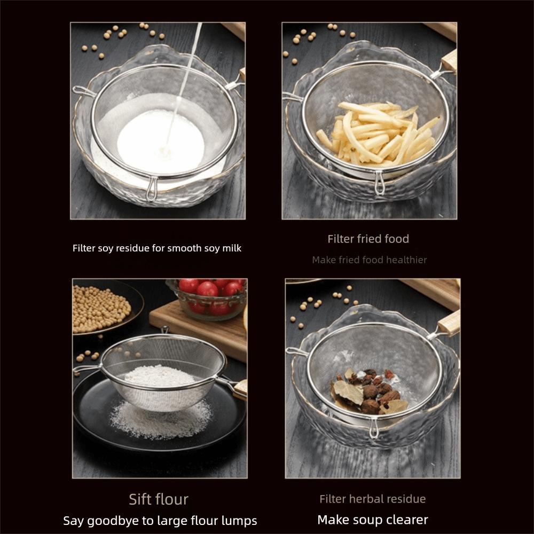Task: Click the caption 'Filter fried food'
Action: (368, 239)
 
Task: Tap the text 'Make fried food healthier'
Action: (369, 260)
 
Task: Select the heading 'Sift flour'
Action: (159, 499)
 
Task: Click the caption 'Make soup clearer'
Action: (372, 520)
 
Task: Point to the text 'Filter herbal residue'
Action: (372, 499)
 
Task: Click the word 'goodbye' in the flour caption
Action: (117, 521)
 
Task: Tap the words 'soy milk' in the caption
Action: (223, 248)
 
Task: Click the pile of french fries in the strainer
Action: (376, 132)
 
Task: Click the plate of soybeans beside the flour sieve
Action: (101, 308)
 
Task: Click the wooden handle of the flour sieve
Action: (239, 388)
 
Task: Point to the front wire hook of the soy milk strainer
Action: (152, 190)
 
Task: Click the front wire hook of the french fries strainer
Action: (380, 183)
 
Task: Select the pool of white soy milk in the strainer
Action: (160, 142)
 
